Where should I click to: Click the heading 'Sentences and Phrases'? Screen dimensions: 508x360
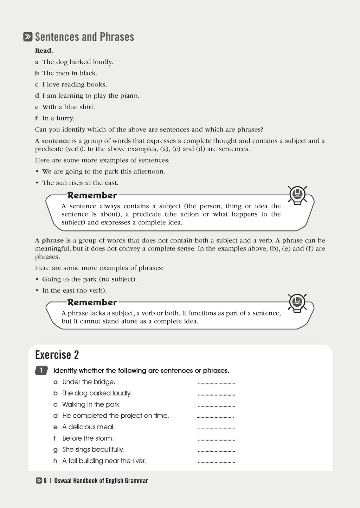[84, 37]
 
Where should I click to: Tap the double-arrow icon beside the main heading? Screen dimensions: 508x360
[28, 37]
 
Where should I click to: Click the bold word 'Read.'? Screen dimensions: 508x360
[44, 51]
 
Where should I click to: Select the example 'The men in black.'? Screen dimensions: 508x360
[70, 73]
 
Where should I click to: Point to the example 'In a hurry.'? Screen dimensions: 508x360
[58, 118]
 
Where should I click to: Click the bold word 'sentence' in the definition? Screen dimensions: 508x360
[56, 141]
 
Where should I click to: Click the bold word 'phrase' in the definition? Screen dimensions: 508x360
[53, 241]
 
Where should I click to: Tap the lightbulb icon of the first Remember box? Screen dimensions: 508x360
[297, 195]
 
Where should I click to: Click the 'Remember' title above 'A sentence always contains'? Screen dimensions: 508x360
[92, 195]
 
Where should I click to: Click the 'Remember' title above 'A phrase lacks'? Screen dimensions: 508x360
[92, 302]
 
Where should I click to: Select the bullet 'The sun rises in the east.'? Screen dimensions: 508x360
[80, 183]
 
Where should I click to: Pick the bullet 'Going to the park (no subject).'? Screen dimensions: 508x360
[89, 279]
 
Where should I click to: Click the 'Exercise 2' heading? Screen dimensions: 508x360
[57, 355]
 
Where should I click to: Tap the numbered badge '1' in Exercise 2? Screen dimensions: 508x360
[41, 370]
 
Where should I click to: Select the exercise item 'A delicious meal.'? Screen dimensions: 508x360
[89, 427]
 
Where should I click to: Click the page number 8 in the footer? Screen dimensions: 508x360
[45, 481]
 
